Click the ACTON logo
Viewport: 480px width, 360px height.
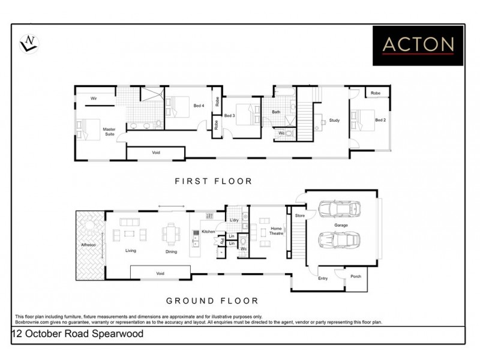[418, 45]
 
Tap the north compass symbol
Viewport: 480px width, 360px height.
[28, 43]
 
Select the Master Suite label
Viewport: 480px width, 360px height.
[109, 131]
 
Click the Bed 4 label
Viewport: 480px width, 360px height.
[199, 106]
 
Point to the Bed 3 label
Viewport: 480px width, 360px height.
[229, 115]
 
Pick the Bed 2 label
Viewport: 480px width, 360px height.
[380, 120]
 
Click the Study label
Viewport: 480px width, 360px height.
[334, 121]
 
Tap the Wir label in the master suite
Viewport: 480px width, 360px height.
[94, 98]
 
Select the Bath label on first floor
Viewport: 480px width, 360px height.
[276, 112]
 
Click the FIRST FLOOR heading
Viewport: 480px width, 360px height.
[213, 181]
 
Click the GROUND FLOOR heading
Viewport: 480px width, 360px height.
[212, 301]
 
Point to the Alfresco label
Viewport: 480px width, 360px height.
[89, 245]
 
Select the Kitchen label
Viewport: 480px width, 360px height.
[208, 231]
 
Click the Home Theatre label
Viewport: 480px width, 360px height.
[277, 230]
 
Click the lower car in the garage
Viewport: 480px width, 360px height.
[340, 241]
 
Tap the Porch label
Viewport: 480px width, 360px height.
[356, 277]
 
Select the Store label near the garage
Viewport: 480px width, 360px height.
[300, 215]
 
